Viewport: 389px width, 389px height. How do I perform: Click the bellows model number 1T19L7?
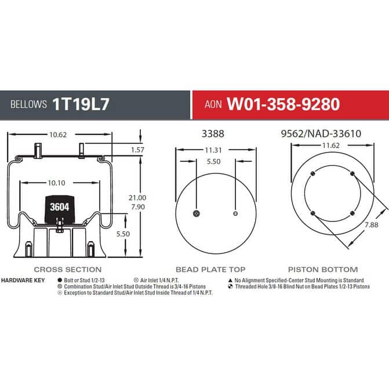[x=81, y=104]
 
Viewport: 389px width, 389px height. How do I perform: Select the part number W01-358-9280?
[x=283, y=104]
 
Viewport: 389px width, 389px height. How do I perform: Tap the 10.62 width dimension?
[x=58, y=134]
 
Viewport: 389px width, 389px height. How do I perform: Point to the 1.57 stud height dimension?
[x=137, y=150]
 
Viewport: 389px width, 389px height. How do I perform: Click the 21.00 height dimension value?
[x=137, y=198]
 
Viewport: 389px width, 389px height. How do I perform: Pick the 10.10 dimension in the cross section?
[x=57, y=183]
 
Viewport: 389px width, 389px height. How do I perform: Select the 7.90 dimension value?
[x=138, y=206]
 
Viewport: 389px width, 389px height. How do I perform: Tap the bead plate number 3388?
[x=213, y=134]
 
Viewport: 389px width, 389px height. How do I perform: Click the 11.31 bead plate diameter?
[x=213, y=150]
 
